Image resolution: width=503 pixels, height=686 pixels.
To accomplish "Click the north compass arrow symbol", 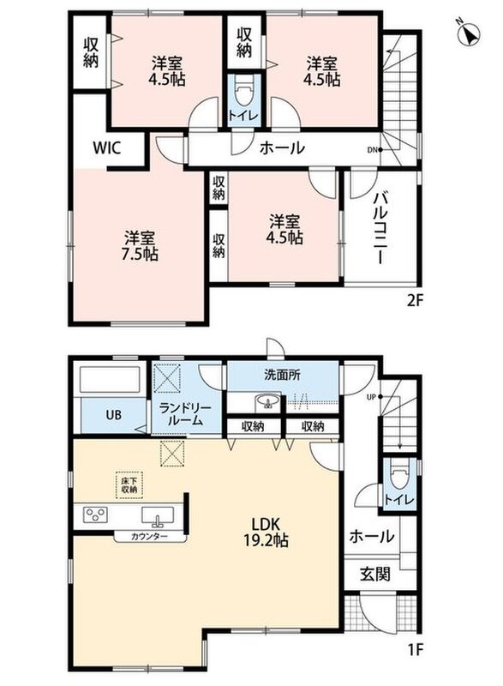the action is [x=469, y=33].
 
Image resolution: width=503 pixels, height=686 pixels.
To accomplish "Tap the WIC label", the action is [x=106, y=147].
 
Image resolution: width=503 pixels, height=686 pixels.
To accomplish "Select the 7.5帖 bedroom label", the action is [x=139, y=246].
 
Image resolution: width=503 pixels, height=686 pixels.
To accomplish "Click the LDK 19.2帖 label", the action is [x=266, y=532].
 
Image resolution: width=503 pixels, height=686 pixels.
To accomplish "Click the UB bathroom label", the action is [x=114, y=414].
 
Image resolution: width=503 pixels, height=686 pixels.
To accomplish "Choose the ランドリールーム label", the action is [x=185, y=414].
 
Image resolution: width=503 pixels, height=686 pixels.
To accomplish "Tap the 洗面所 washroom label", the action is [x=282, y=375].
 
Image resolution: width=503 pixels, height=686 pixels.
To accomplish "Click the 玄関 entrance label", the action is [x=375, y=573].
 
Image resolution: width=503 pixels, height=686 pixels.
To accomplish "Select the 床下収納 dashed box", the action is [x=129, y=485].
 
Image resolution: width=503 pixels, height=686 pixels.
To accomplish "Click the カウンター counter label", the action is [x=149, y=537].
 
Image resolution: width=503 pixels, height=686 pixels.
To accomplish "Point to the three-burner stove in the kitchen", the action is [x=96, y=514].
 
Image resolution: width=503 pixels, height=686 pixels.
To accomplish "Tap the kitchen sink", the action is [x=158, y=515].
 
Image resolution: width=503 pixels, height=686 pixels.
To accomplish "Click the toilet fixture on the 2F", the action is [x=243, y=93].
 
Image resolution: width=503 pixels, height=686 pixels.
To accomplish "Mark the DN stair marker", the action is [x=375, y=149].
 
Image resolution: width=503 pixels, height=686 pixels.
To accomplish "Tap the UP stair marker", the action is [x=375, y=397].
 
